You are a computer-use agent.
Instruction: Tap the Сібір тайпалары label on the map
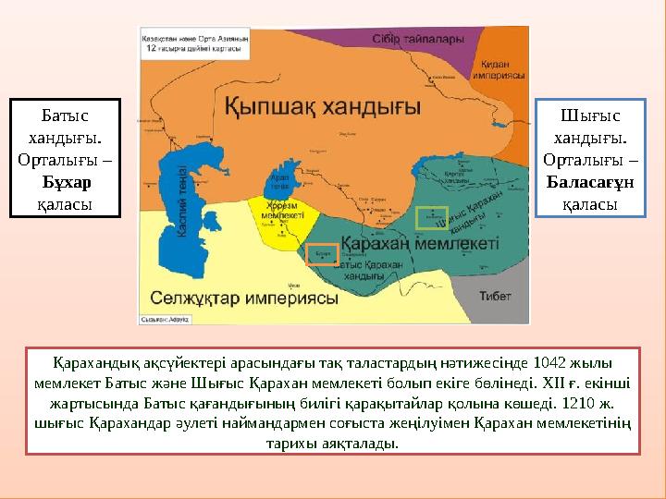tap(412, 40)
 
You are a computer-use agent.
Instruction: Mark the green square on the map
tap(432, 218)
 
